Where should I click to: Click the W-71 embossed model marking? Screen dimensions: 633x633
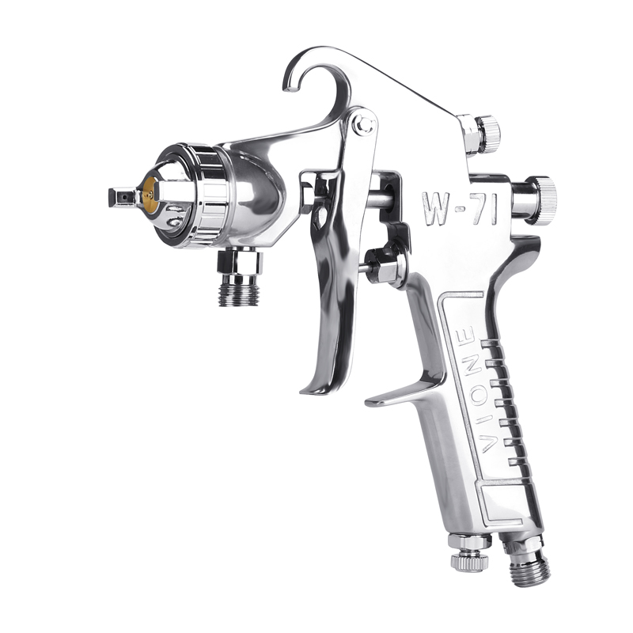click(x=460, y=208)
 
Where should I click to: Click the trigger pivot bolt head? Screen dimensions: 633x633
click(x=364, y=124)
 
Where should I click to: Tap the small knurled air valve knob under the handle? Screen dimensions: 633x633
click(x=470, y=563)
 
